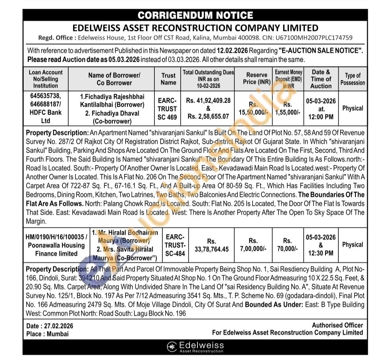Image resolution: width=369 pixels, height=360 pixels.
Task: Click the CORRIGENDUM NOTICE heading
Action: coord(195,15)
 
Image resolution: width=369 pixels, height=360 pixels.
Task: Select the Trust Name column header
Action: coord(168,79)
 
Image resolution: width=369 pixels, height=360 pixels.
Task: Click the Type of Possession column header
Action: coord(352,79)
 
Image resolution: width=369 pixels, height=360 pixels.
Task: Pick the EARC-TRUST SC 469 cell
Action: coord(167,109)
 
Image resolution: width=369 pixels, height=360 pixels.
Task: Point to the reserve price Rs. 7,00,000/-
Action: coord(253,245)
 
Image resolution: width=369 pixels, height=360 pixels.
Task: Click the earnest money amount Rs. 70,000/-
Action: coord(287,245)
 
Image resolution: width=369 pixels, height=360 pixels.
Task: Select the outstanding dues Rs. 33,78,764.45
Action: coord(211,245)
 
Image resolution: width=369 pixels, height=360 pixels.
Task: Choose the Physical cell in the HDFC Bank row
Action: coord(353,108)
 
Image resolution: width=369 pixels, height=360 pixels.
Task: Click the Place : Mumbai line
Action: coord(47,334)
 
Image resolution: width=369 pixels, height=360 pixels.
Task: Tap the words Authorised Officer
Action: coord(337,325)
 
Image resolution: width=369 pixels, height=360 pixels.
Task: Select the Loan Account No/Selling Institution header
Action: coord(46,79)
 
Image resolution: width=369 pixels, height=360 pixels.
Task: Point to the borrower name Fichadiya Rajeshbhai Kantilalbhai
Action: coord(112,100)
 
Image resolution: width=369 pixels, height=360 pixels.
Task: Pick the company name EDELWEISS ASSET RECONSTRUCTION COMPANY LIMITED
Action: coord(195,28)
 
